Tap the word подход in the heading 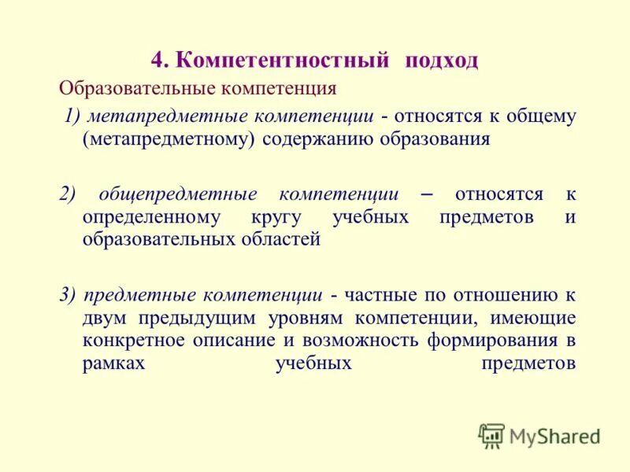pos(442,61)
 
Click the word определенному pos(150,217)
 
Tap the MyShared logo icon pos(491,435)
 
